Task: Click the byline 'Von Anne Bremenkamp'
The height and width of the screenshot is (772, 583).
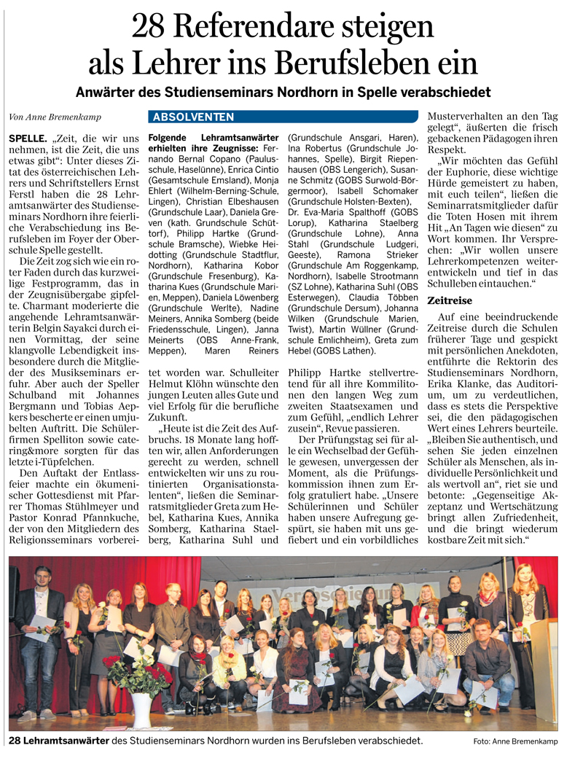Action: pyautogui.click(x=55, y=117)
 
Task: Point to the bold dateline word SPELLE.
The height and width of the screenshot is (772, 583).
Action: pyautogui.click(x=27, y=138)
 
